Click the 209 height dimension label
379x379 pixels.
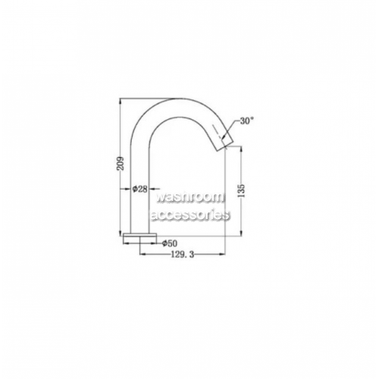tap(121, 164)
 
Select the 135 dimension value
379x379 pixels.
tap(242, 190)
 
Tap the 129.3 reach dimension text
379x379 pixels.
tap(183, 255)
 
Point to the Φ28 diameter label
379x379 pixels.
tap(139, 189)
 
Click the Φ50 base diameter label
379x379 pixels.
tap(170, 243)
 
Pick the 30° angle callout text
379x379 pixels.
tap(247, 121)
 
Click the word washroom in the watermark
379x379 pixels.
tap(189, 197)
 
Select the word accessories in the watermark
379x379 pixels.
tap(190, 215)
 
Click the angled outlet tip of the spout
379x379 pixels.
tap(224, 143)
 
